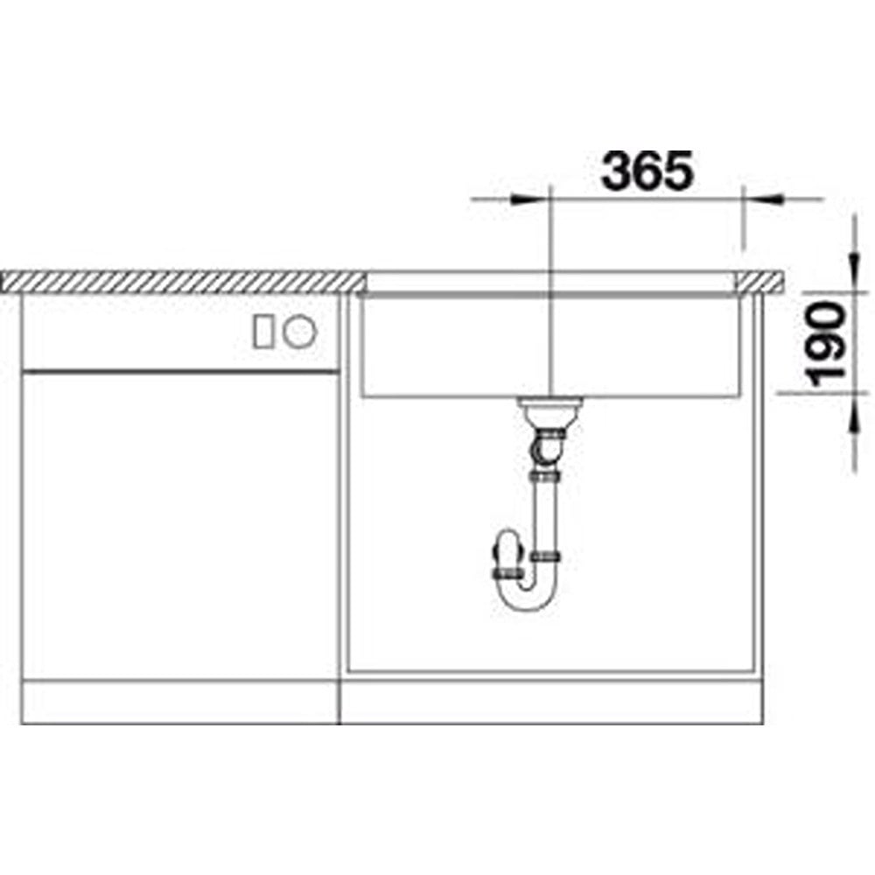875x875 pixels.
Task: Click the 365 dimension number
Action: tap(647, 171)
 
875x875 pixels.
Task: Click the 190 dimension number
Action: tap(827, 344)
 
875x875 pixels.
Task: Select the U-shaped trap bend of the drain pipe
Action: tap(527, 592)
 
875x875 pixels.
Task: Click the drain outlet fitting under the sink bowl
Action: tap(550, 411)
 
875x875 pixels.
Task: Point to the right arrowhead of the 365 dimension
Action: tap(762, 199)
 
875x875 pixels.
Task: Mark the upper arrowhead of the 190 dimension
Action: tap(853, 273)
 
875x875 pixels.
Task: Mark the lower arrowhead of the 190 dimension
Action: tap(853, 413)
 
